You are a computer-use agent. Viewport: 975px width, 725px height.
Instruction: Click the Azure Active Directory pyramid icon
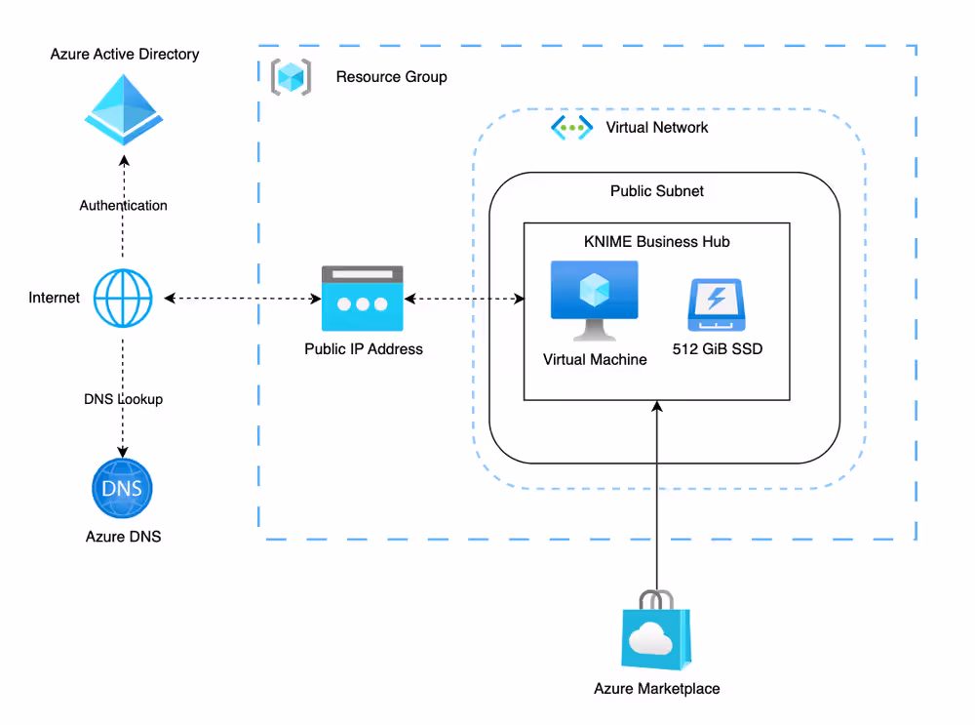coord(123,109)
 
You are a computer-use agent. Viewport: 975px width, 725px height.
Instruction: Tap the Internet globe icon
coord(123,297)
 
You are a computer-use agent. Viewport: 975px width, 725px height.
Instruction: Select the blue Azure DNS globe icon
coord(123,488)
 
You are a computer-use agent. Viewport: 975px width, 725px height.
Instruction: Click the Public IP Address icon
coord(364,300)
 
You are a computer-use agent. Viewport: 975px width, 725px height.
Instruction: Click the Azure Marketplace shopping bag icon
coord(656,634)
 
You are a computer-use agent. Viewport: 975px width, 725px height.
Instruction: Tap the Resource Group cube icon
coord(291,77)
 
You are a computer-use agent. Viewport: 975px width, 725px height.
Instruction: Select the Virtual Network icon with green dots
coord(571,127)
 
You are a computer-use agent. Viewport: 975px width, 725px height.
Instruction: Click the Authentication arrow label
coord(123,206)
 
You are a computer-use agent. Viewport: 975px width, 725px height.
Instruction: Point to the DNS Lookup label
coord(123,399)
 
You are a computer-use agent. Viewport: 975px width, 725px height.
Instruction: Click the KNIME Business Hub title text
coord(656,242)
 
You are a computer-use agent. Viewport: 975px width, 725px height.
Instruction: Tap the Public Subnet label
coord(656,191)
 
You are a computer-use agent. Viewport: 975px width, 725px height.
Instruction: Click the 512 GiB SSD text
coord(718,348)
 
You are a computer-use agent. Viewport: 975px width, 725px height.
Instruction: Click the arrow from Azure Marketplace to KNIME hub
coord(657,498)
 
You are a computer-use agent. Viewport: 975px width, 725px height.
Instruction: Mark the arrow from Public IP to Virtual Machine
coord(464,297)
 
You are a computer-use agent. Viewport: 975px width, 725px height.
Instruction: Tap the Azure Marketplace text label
coord(656,689)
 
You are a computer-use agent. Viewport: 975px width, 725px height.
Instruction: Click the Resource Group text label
coord(391,77)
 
